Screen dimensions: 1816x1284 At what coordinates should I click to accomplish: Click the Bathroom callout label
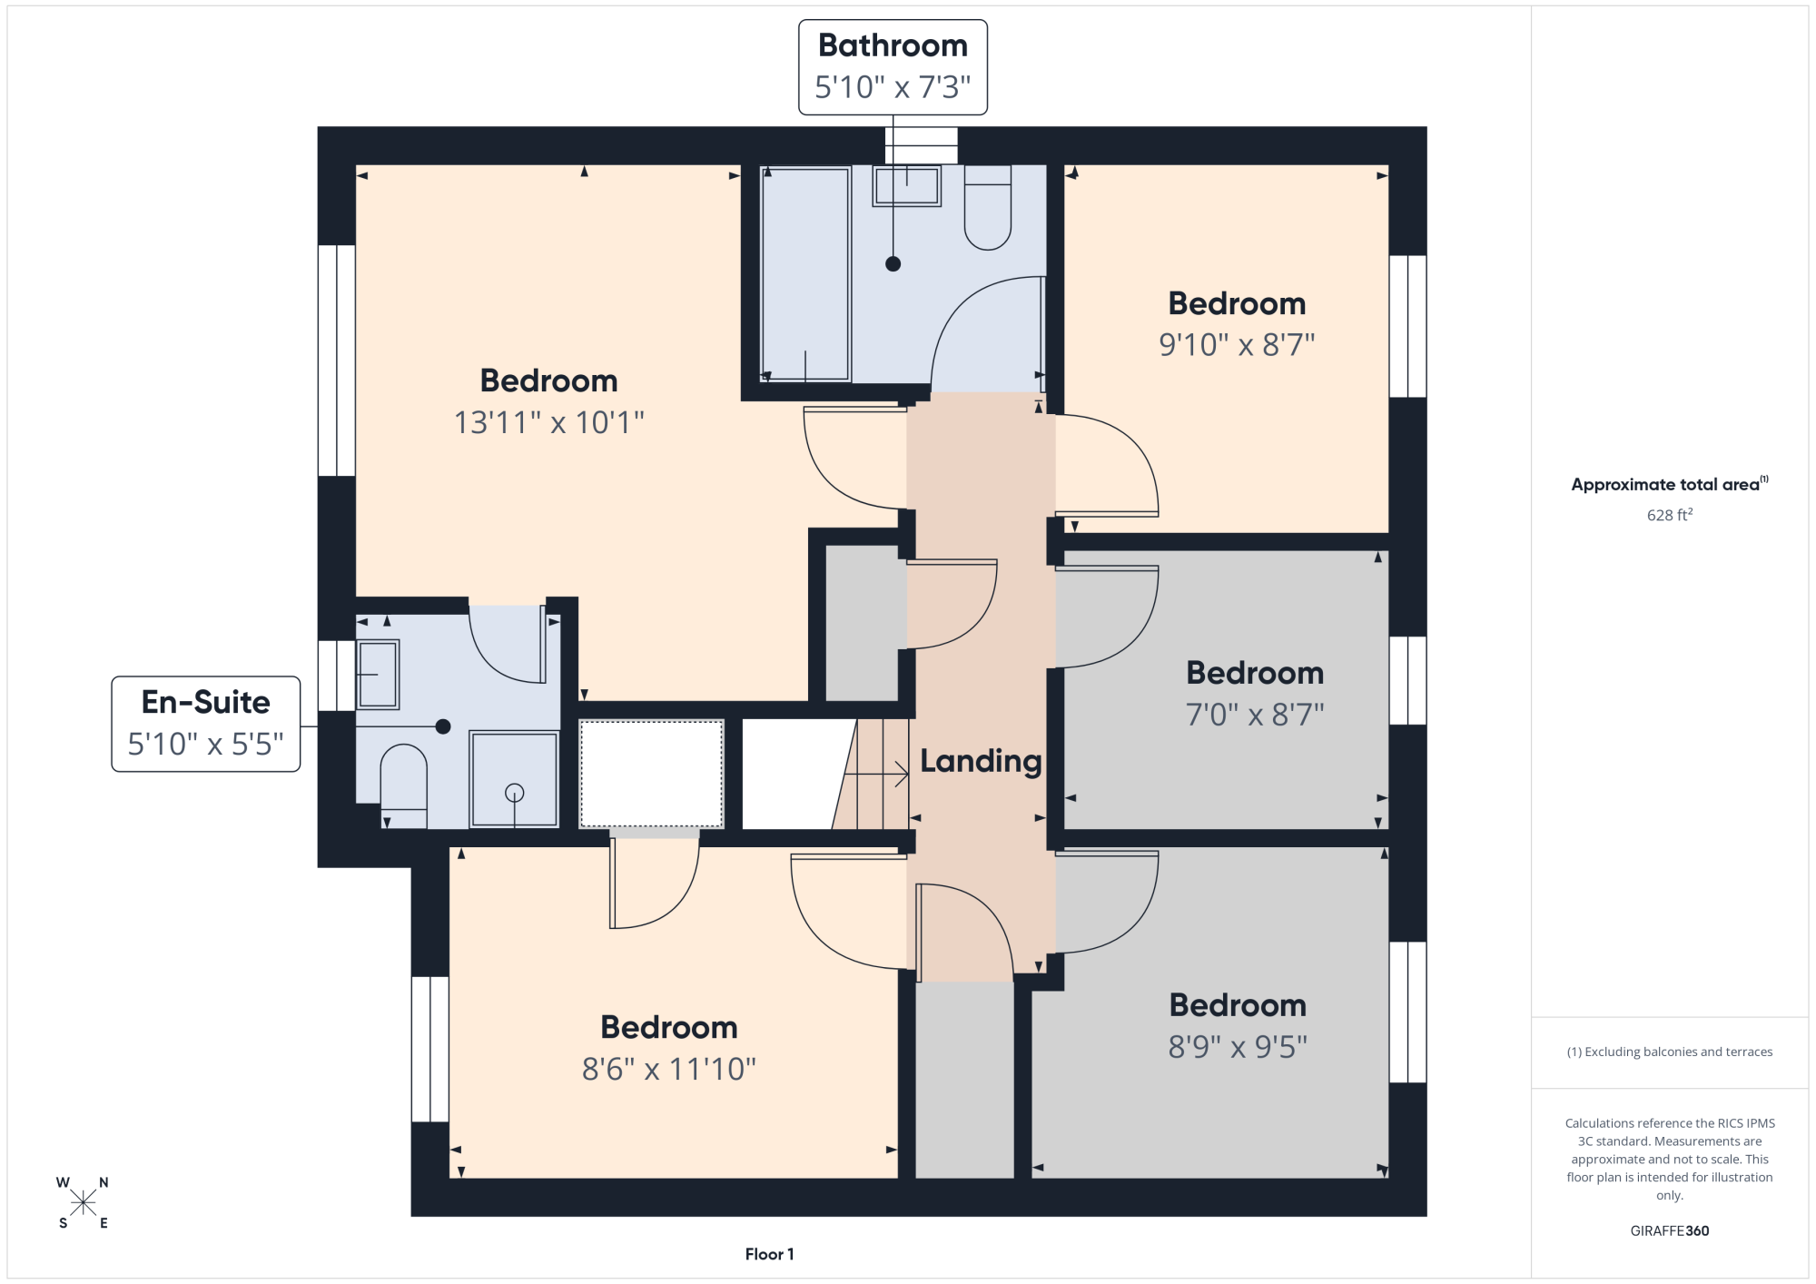tap(893, 67)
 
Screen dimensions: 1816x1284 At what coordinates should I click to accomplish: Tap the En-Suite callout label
tap(206, 724)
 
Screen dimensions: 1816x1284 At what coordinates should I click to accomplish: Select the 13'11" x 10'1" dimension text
tap(549, 422)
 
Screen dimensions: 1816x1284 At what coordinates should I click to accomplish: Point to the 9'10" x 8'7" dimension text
tap(1237, 345)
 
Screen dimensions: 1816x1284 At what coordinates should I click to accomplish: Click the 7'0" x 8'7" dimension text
tap(1255, 715)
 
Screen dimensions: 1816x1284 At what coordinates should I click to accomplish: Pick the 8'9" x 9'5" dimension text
tap(1238, 1047)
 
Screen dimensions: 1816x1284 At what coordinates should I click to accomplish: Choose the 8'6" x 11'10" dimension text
tap(669, 1069)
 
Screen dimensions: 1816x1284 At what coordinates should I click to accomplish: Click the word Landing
tap(981, 761)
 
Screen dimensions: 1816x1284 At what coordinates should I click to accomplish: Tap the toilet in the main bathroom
tap(988, 207)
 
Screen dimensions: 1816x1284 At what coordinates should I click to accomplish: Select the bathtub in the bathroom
tap(805, 272)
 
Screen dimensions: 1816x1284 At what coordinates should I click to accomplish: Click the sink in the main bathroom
tap(907, 186)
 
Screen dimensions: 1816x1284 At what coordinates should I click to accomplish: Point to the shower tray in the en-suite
tap(514, 779)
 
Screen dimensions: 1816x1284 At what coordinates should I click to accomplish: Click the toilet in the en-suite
tap(403, 785)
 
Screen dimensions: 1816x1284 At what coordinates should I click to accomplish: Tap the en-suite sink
tap(378, 675)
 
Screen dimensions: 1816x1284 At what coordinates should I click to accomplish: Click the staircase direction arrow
tap(876, 775)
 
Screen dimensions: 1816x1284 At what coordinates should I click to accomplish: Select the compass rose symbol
tap(83, 1203)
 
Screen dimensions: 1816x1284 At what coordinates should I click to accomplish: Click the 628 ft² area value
tap(1670, 515)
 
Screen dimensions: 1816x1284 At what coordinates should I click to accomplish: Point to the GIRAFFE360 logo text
tap(1669, 1231)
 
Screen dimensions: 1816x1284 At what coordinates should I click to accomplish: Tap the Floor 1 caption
tap(769, 1254)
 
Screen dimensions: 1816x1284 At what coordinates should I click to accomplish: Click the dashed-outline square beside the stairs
tap(651, 774)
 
